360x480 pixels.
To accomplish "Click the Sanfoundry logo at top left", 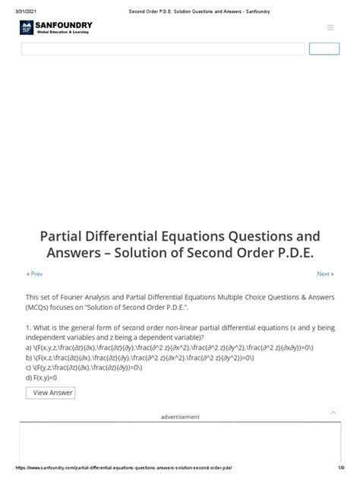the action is [x=57, y=28].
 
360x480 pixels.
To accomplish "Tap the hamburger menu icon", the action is [x=330, y=27].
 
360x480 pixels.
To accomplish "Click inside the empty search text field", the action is [x=163, y=49].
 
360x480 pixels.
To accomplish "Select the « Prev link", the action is [x=35, y=273].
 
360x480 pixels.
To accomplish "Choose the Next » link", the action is [x=325, y=273].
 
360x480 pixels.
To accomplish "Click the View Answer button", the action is [x=50, y=393].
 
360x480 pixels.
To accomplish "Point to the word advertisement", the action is [x=180, y=417].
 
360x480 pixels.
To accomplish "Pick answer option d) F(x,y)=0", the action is [x=45, y=377].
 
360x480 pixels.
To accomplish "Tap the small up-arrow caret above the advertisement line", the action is [x=333, y=412].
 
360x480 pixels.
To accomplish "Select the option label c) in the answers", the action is [x=30, y=367].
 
